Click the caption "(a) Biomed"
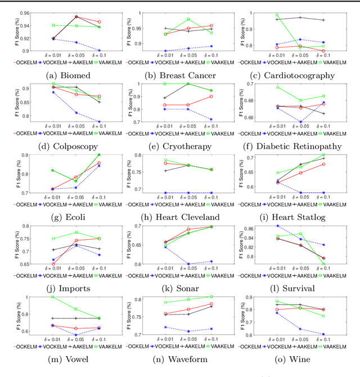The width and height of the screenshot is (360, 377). click(x=62, y=75)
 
